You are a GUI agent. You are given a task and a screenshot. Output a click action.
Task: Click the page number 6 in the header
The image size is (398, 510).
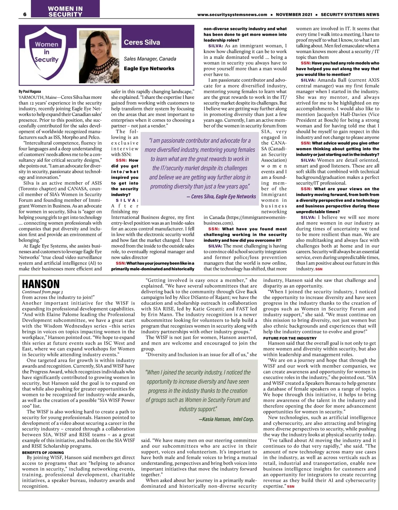(x=25, y=14)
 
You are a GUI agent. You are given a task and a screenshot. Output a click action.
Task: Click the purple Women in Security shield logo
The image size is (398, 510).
(x=46, y=54)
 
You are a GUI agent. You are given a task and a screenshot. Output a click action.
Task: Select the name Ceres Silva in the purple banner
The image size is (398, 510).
(x=142, y=42)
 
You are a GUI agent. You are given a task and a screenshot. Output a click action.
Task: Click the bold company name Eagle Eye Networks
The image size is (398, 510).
(x=149, y=68)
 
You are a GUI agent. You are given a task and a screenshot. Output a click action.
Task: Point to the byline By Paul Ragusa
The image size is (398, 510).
(x=30, y=91)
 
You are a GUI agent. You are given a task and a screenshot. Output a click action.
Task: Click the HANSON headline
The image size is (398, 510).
(x=41, y=284)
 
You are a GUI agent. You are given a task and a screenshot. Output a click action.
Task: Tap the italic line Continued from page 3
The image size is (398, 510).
(x=42, y=292)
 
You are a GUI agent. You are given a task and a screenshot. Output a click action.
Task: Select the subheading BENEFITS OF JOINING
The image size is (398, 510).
(x=43, y=452)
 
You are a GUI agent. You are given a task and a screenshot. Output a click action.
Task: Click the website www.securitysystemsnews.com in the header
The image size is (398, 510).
(x=232, y=15)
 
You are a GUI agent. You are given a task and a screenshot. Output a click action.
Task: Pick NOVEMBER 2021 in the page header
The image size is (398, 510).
(x=294, y=15)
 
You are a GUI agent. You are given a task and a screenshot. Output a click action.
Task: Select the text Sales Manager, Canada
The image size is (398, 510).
(x=150, y=59)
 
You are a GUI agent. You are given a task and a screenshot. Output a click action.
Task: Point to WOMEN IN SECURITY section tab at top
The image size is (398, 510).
(x=65, y=11)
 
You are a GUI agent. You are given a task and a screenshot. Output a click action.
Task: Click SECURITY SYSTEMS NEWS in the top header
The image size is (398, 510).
(x=350, y=15)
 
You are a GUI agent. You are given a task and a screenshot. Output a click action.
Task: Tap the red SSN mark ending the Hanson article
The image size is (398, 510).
(x=291, y=486)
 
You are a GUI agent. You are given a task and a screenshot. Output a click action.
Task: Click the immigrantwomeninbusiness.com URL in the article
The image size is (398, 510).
(x=245, y=220)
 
